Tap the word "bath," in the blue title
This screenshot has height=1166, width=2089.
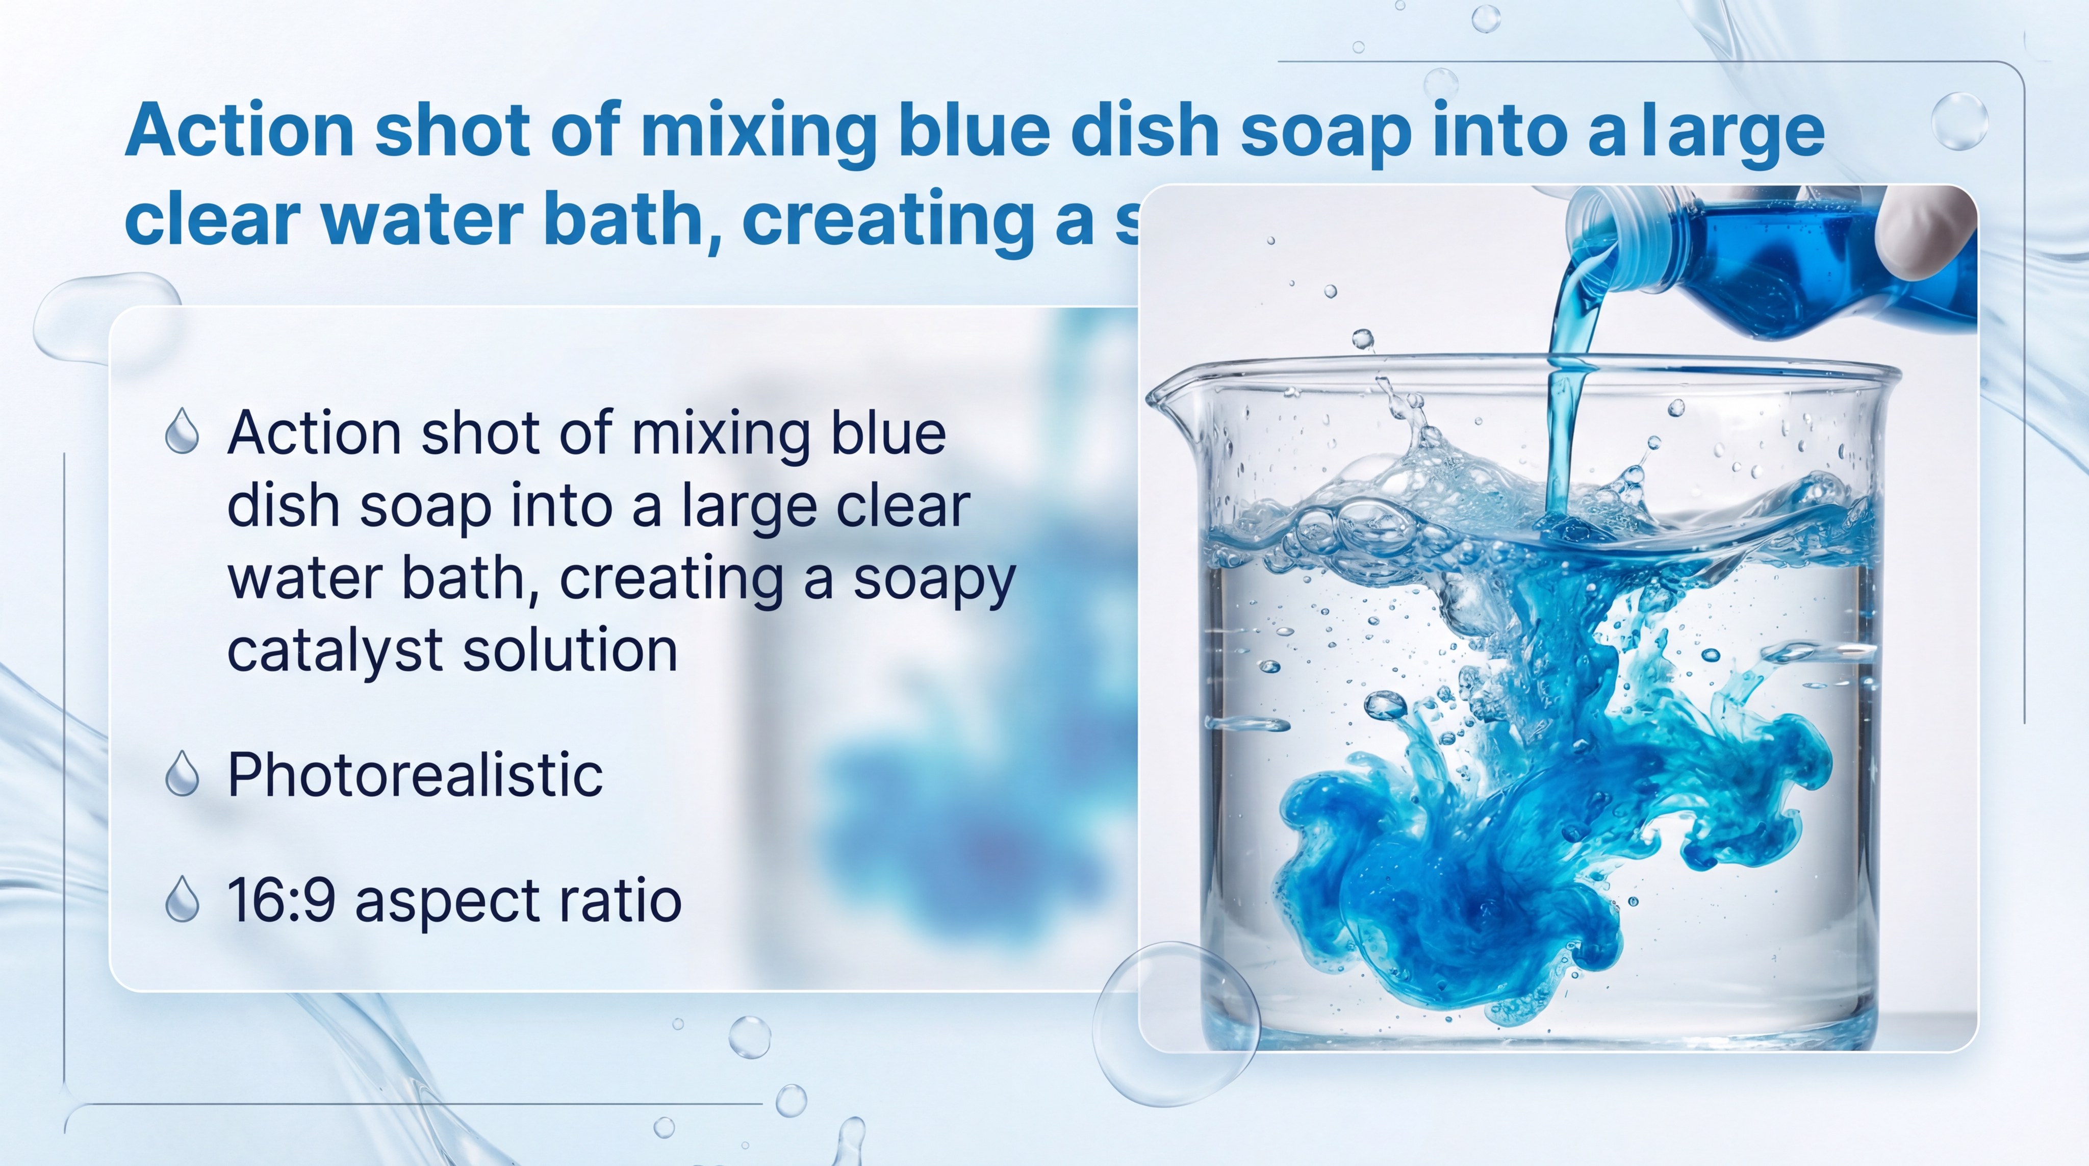610,219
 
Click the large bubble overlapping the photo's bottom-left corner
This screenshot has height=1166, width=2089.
1176,1023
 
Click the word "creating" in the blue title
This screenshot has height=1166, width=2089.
888,219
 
